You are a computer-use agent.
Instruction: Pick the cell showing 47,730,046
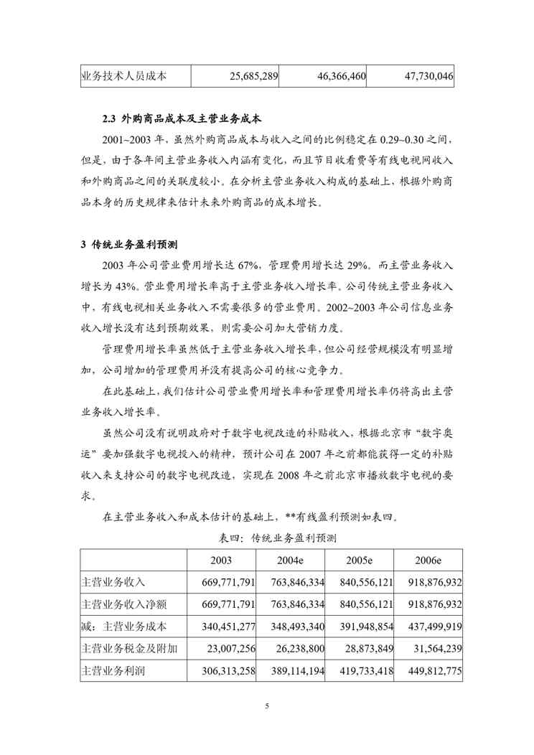point(420,75)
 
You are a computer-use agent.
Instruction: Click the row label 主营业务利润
point(114,672)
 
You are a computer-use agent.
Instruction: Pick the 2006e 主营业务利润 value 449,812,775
point(429,672)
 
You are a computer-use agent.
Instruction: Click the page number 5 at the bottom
point(267,706)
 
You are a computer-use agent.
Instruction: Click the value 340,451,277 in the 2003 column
point(222,627)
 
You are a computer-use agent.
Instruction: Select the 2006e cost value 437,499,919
point(429,627)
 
